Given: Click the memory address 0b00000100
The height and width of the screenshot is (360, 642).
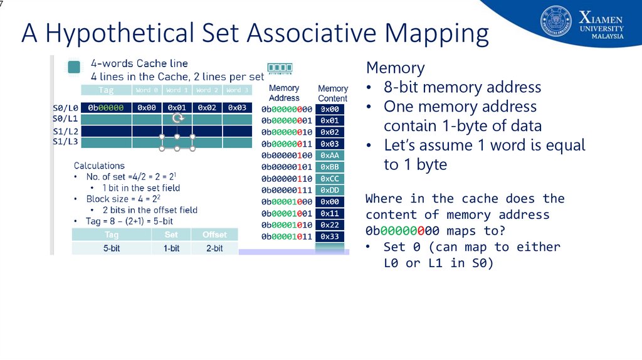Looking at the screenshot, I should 287,155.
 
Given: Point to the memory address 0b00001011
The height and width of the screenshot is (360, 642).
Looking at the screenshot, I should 287,236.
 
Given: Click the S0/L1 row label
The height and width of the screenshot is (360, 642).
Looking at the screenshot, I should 65,118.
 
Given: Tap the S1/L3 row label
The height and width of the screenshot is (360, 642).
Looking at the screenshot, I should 65,142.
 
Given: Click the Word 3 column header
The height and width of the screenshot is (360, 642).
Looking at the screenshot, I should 238,90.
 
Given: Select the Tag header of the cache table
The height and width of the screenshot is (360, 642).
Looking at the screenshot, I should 106,90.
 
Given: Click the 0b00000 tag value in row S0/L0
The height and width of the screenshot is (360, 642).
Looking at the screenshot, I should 106,107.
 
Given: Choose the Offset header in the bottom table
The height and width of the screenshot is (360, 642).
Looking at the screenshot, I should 214,235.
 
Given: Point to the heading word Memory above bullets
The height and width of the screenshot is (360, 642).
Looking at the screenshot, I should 395,68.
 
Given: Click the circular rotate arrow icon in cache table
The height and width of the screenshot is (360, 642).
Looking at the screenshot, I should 177,118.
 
